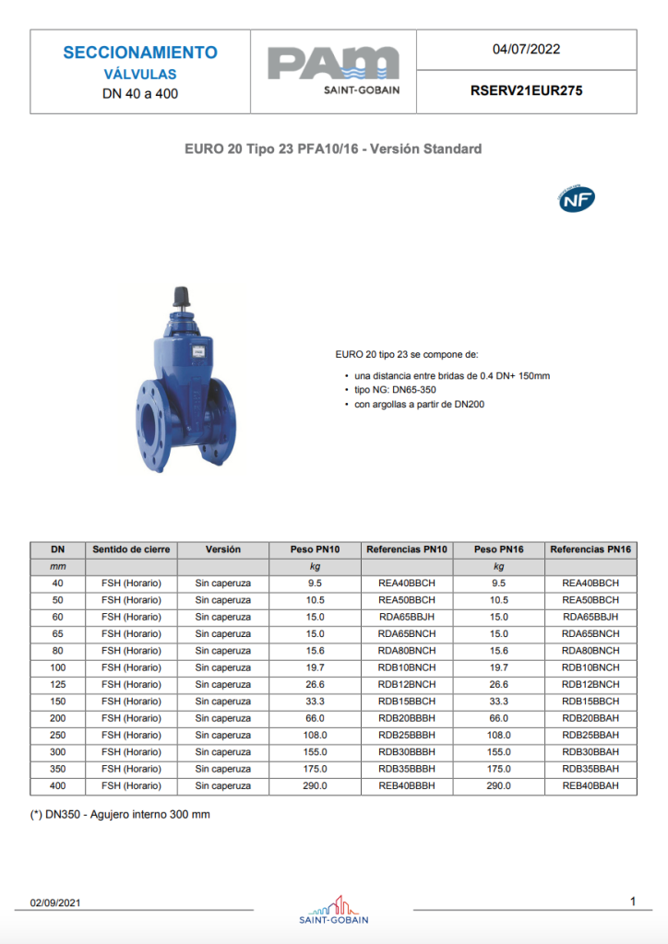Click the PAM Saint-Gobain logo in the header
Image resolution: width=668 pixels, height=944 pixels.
click(333, 70)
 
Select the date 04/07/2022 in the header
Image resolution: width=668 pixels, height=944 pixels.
click(526, 50)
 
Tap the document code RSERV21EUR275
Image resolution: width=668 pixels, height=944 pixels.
click(526, 91)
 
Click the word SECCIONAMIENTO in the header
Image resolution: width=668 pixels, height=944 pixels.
click(140, 53)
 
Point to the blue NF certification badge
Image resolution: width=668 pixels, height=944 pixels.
click(577, 199)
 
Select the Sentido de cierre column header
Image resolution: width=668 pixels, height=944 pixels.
click(131, 549)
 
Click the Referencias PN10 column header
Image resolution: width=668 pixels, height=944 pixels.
click(407, 549)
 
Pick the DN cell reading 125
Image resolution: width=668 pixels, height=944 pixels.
click(58, 685)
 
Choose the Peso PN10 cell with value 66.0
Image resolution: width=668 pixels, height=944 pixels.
click(316, 718)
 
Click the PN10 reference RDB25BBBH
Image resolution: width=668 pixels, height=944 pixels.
click(407, 736)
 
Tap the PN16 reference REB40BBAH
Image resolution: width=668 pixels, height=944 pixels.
click(590, 786)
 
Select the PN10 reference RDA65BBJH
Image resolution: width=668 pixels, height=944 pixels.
click(407, 617)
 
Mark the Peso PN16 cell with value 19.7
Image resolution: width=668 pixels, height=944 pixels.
click(498, 667)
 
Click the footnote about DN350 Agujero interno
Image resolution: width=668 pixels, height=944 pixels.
click(113, 815)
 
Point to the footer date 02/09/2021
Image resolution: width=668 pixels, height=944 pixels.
click(55, 903)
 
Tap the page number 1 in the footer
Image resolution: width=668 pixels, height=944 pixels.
click(633, 901)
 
